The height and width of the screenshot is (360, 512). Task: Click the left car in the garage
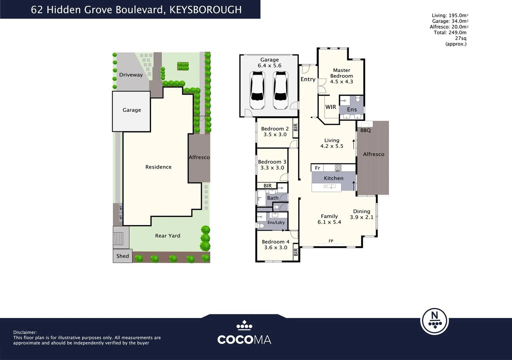pyautogui.click(x=258, y=91)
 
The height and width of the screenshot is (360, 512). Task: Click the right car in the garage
pyautogui.click(x=280, y=91)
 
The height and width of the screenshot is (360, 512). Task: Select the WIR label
pyautogui.click(x=331, y=107)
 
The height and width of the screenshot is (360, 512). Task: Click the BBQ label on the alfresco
pyautogui.click(x=365, y=130)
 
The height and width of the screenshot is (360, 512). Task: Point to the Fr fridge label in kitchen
pyautogui.click(x=317, y=168)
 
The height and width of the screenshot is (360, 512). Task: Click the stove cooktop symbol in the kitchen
pyautogui.click(x=338, y=168)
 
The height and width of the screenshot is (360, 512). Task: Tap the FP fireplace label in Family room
pyautogui.click(x=331, y=241)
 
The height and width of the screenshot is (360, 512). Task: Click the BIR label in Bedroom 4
pyautogui.click(x=296, y=252)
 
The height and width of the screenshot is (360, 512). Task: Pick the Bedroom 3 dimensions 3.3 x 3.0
pyautogui.click(x=272, y=168)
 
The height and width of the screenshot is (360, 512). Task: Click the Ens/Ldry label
pyautogui.click(x=276, y=222)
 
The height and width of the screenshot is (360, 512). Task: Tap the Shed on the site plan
pyautogui.click(x=122, y=256)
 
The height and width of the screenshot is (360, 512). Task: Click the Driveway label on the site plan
pyautogui.click(x=131, y=75)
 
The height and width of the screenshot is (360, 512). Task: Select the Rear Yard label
pyautogui.click(x=167, y=236)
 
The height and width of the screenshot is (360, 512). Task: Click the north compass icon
pyautogui.click(x=434, y=321)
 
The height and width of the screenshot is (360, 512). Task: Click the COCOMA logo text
pyautogui.click(x=244, y=340)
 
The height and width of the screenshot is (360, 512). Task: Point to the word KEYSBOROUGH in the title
pyautogui.click(x=205, y=10)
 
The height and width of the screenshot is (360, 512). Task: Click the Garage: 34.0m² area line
pyautogui.click(x=449, y=21)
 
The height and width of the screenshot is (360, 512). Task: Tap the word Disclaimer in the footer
pyautogui.click(x=25, y=332)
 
